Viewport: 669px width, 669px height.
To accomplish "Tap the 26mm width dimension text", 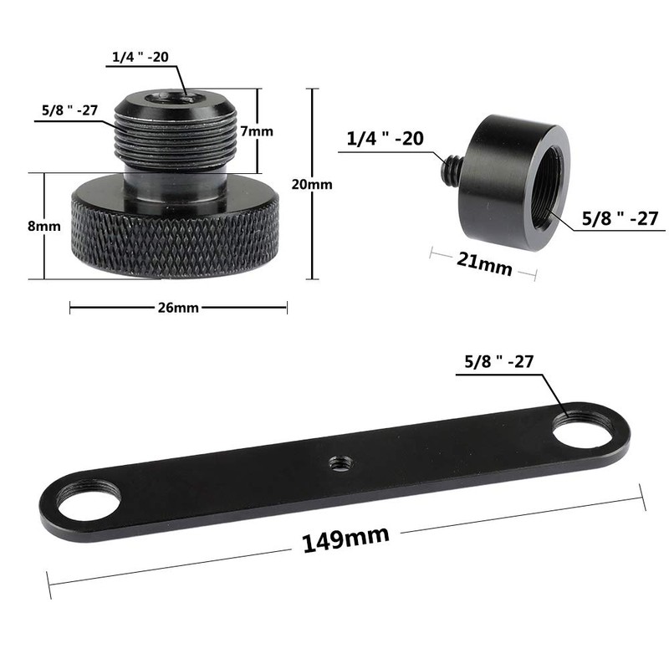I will (177, 308).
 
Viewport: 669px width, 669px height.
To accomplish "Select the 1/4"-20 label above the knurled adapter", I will (141, 57).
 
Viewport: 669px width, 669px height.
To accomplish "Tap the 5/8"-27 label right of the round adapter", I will (620, 219).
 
